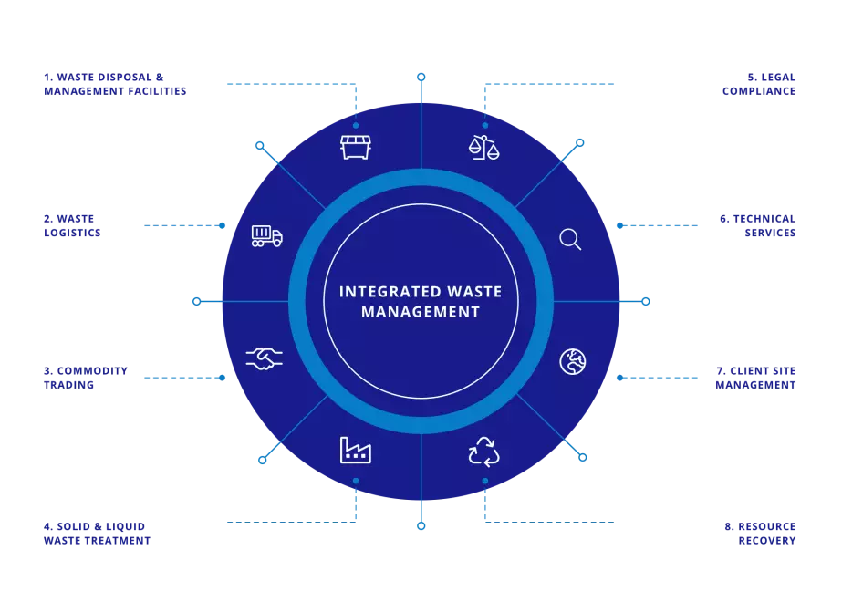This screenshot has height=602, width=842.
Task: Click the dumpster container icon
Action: [356, 147]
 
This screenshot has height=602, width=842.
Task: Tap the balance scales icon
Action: [484, 147]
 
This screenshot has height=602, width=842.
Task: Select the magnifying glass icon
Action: [570, 239]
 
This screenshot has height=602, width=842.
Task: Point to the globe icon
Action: [572, 361]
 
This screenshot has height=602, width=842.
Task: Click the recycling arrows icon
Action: [483, 451]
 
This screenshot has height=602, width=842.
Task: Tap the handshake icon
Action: [265, 358]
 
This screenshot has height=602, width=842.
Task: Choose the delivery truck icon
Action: [266, 237]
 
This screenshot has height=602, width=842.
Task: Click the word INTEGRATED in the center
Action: [382, 292]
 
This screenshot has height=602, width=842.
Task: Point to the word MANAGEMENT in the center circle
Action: [421, 312]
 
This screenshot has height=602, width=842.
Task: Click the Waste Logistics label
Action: [72, 226]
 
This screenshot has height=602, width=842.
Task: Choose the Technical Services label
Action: [757, 226]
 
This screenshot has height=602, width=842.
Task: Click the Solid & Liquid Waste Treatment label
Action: [97, 533]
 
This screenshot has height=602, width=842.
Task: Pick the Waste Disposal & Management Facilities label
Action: [115, 84]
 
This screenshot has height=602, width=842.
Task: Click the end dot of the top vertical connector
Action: [421, 78]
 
